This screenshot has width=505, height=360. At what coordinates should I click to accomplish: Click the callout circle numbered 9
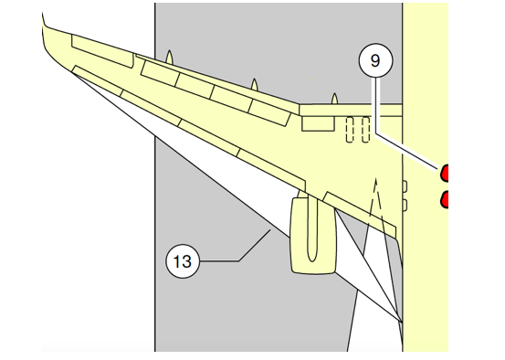375,60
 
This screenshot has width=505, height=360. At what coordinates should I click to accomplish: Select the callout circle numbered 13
183,261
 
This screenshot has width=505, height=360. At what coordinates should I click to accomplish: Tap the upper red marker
444,173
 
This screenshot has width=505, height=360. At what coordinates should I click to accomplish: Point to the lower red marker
444,199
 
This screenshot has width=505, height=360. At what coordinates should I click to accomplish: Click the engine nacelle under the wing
313,236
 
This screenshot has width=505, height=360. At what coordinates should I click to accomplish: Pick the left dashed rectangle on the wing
350,130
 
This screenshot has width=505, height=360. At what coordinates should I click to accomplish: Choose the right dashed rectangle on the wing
365,130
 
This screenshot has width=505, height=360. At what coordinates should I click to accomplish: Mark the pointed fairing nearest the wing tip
169,57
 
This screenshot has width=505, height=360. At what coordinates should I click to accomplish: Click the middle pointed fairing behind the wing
255,84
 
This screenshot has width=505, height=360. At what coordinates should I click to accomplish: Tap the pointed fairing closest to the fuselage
334,99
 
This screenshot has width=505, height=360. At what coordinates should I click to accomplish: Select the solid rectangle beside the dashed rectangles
318,123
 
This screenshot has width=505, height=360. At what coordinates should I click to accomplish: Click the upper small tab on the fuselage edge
405,186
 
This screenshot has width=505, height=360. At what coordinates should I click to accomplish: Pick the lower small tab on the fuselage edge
405,206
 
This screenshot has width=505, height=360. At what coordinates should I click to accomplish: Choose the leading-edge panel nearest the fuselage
361,213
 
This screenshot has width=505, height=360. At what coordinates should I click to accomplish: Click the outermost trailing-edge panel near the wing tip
102,51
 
